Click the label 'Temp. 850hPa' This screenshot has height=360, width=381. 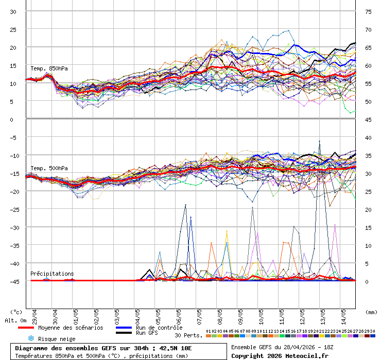49,68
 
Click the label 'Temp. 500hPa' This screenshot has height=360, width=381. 49,168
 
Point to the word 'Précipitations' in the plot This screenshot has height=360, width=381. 52,274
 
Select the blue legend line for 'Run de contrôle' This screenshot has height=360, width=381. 124,328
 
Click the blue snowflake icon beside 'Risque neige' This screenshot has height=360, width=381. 31,338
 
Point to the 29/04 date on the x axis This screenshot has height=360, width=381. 34,315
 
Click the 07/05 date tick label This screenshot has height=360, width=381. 199,315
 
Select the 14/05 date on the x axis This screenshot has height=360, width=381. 343,315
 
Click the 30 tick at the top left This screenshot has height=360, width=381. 13,11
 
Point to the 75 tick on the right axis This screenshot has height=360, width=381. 369,11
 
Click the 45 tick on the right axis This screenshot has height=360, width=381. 369,119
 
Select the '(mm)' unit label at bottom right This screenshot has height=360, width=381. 371,312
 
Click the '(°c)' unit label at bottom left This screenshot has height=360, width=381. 16,312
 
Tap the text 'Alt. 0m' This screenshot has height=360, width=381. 15,320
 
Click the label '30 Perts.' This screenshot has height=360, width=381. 187,335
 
